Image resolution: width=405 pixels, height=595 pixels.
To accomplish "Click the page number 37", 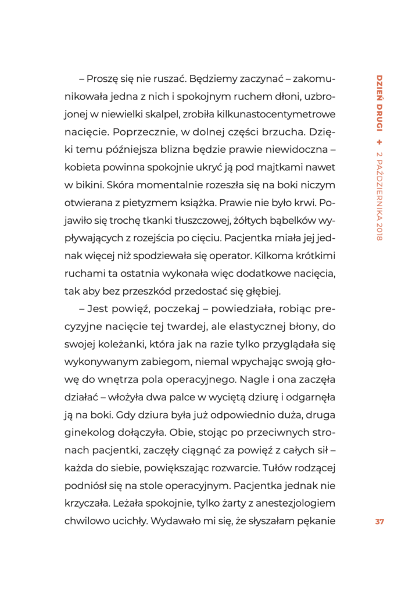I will pyautogui.click(x=379, y=521).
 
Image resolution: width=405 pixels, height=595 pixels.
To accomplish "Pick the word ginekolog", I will pyautogui.click(x=89, y=431).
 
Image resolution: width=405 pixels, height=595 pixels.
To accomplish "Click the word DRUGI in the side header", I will pyautogui.click(x=379, y=120).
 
